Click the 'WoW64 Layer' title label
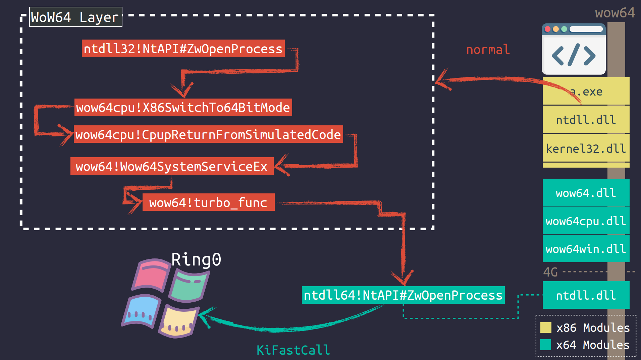75,17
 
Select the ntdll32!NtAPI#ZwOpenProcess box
183,49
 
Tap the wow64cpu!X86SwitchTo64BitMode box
183,107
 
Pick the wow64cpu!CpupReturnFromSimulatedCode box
208,134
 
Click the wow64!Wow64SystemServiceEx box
172,166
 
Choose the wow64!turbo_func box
208,202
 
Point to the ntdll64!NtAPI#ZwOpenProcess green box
403,295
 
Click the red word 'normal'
488,50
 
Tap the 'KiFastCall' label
293,350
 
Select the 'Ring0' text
196,259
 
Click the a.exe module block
586,91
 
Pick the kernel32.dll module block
586,148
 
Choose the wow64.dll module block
586,193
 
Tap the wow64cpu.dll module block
586,221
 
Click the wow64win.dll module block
586,249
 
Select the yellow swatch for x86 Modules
546,327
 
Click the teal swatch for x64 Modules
546,345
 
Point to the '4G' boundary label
550,272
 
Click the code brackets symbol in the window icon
574,55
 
